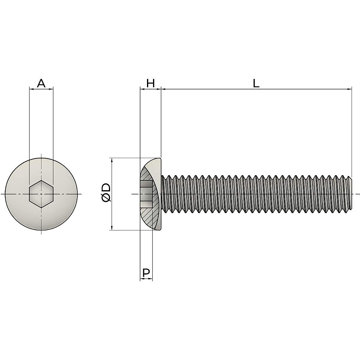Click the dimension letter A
pyautogui.click(x=41, y=83)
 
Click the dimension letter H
pyautogui.click(x=150, y=83)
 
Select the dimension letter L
pyautogui.click(x=256, y=83)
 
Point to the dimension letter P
pyautogui.click(x=146, y=273)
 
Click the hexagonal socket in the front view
pyautogui.click(x=41, y=194)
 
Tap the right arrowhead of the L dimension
pyautogui.click(x=349, y=89)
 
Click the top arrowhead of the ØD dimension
pyautogui.click(x=112, y=160)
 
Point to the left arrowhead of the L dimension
pyautogui.click(x=163, y=89)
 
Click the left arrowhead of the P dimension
pyautogui.click(x=142, y=279)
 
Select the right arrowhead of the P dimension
pyautogui.click(x=151, y=279)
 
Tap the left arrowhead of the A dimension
pyautogui.click(x=31, y=88)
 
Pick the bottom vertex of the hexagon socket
pyautogui.click(x=41, y=208)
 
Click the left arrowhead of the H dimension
pyautogui.click(x=142, y=89)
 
